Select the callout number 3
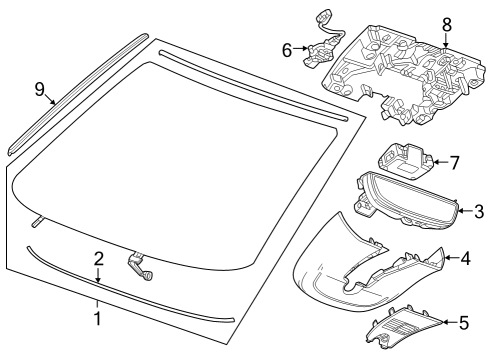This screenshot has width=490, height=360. tap(479, 211)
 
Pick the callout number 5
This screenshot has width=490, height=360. tap(462, 322)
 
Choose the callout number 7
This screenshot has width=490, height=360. tap(453, 160)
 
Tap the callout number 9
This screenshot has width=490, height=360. tap(40, 90)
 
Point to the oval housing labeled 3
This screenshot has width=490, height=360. tap(405, 200)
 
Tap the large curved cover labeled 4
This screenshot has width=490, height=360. tap(360, 265)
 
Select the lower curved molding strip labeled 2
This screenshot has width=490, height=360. tap(130, 290)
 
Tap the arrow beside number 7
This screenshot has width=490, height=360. tap(439, 160)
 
